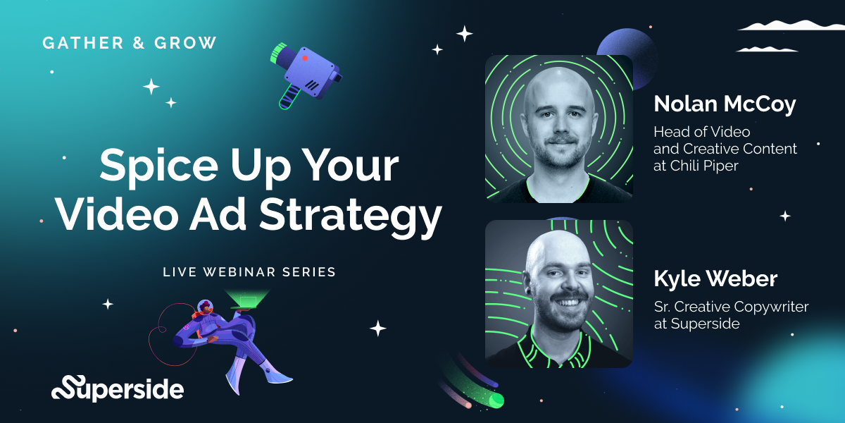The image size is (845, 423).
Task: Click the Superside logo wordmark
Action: coord(118,388)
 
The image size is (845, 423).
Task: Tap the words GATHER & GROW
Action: coord(130,43)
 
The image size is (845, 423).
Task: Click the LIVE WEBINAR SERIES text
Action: coord(249,271)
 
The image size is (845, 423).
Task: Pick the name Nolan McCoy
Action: coord(725,104)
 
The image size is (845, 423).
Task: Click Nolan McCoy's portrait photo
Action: coord(558,128)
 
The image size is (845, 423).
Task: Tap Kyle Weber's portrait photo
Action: coord(558,293)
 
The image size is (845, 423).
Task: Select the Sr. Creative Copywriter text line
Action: coord(731,307)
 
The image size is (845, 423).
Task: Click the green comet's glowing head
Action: coord(496,400)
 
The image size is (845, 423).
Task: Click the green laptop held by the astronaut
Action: coord(248,301)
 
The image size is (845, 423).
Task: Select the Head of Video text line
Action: coord(701,132)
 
